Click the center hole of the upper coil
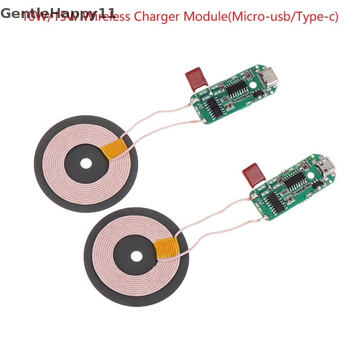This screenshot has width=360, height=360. (85, 164)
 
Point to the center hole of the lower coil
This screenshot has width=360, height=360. (136, 256)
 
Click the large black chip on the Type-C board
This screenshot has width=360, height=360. (236, 87)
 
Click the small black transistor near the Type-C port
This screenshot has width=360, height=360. (258, 94)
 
